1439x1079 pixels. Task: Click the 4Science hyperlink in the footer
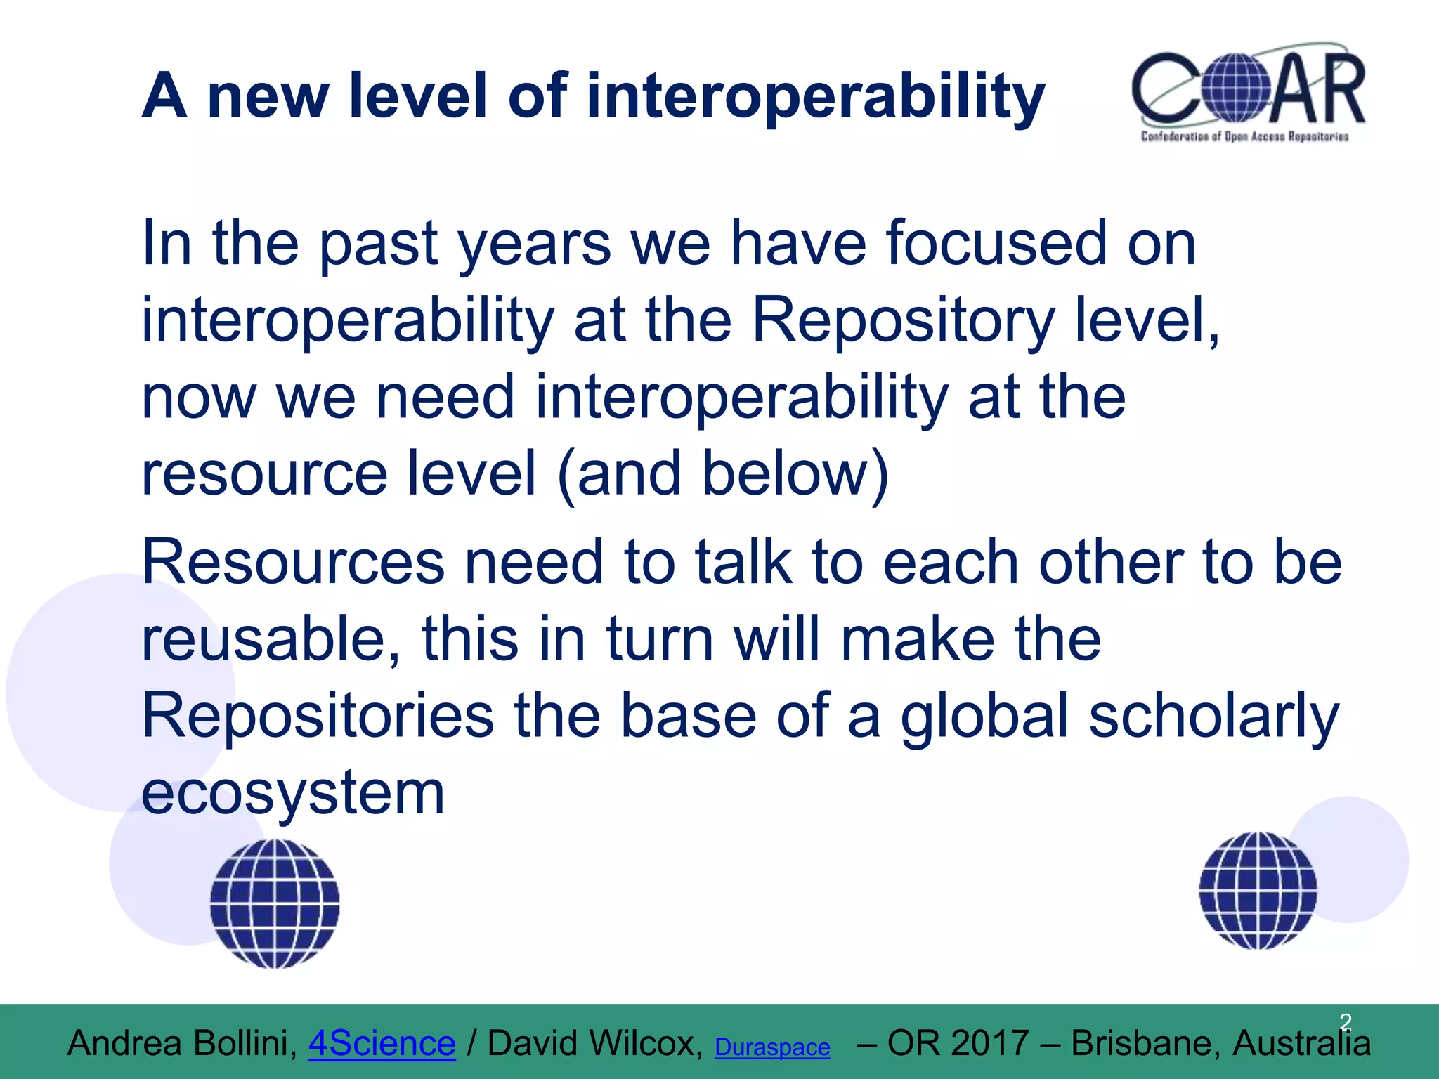coord(382,1043)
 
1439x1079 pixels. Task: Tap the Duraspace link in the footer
coord(772,1047)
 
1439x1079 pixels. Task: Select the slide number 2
coord(1345,1021)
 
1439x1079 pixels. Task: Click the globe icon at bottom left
coord(275,903)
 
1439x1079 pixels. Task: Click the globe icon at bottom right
coord(1258,891)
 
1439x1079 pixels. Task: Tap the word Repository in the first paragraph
coord(903,320)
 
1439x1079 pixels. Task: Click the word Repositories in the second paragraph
coord(318,715)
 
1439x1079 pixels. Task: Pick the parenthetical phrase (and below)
coord(723,473)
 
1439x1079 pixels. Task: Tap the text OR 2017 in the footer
coord(958,1043)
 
